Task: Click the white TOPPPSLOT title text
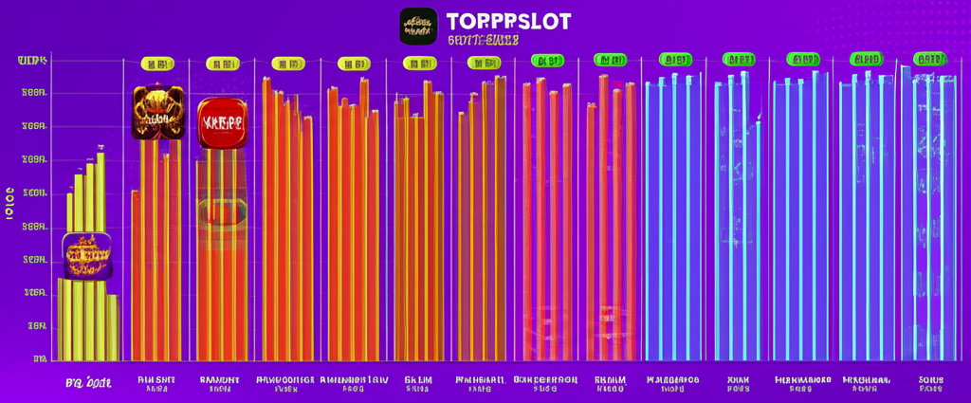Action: [508, 21]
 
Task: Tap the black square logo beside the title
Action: [418, 27]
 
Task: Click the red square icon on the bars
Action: [222, 123]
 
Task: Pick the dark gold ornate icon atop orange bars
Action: [156, 113]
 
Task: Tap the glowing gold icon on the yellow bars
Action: [86, 255]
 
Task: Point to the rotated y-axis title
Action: [10, 204]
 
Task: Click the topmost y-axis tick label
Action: [32, 61]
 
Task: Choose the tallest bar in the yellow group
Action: [101, 256]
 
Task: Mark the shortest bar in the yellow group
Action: [112, 327]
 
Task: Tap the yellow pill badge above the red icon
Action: [223, 64]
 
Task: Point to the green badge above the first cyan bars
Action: [672, 60]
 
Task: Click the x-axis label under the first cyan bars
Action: [672, 383]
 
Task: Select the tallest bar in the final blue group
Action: [906, 213]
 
